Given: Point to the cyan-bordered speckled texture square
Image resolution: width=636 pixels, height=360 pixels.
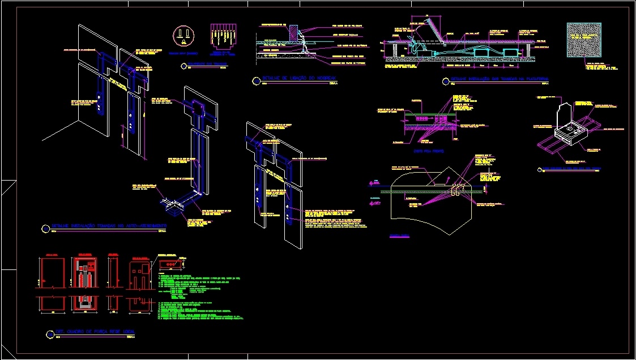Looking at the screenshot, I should (x=584, y=40).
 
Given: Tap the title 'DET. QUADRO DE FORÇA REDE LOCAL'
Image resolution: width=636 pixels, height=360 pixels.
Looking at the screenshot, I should (x=96, y=331).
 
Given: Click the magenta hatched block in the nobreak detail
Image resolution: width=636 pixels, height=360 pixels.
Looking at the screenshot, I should (x=294, y=32).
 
